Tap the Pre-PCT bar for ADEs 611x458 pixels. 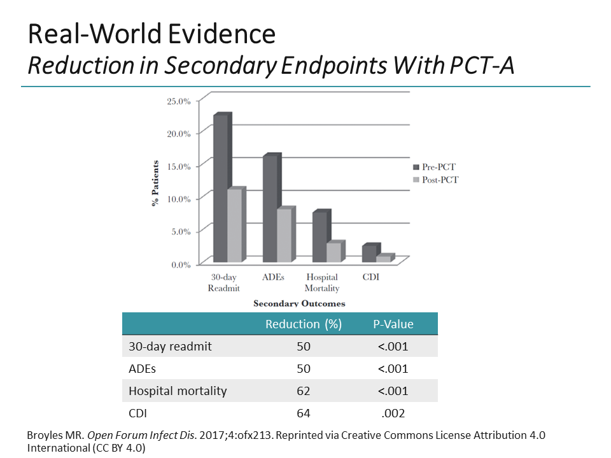click(270, 209)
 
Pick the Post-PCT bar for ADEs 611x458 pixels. click(284, 236)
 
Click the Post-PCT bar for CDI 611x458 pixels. click(383, 259)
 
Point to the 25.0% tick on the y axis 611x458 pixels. click(179, 101)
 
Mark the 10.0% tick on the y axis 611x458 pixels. click(179, 199)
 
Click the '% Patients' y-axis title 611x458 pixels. click(155, 183)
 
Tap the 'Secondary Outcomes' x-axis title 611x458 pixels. click(299, 303)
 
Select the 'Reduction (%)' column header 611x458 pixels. click(304, 324)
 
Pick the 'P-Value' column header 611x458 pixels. click(393, 324)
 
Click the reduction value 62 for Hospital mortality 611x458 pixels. click(304, 391)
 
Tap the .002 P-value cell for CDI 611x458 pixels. click(393, 413)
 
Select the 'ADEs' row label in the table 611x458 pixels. click(142, 369)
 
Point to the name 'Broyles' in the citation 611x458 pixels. click(45, 435)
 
